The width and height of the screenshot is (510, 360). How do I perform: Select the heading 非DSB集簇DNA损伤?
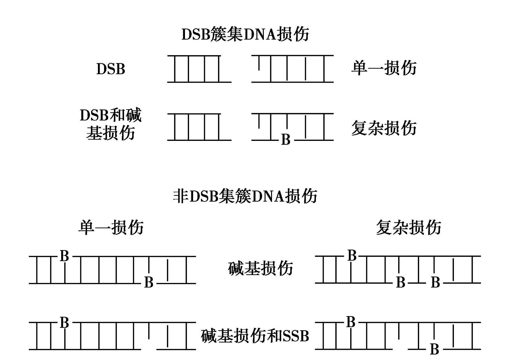click(245, 196)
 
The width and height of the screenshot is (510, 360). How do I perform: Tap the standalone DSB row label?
click(111, 69)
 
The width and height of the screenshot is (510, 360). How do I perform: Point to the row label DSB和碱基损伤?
click(111, 124)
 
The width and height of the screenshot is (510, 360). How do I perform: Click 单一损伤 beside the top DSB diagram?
click(384, 68)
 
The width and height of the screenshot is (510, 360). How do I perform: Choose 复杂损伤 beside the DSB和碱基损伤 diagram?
click(384, 128)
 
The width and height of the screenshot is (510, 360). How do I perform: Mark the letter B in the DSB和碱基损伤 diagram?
click(286, 139)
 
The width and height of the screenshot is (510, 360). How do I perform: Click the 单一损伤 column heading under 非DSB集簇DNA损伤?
click(111, 227)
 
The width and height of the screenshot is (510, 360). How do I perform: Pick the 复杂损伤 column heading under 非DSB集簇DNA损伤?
click(409, 227)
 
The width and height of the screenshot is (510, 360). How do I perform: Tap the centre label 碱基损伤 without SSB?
click(260, 268)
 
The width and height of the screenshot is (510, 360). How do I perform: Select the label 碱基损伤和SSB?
click(255, 336)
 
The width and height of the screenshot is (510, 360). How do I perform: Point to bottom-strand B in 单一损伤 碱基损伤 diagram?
click(149, 282)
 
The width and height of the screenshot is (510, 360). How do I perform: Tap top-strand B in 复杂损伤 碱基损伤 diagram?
click(352, 255)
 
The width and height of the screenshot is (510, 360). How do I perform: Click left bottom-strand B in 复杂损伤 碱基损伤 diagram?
click(401, 282)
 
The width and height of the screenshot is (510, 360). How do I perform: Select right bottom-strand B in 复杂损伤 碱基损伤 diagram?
click(435, 282)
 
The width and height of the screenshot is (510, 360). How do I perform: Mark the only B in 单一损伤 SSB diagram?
click(64, 323)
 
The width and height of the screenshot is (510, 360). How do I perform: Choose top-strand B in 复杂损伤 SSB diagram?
click(351, 322)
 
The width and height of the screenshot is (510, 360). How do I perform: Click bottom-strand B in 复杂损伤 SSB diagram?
click(435, 349)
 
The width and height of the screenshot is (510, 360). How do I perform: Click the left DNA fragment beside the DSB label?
click(200, 69)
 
